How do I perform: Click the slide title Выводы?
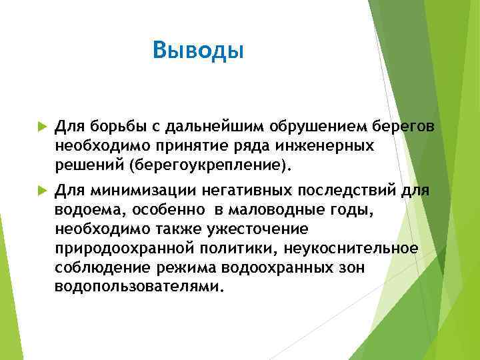pyautogui.click(x=199, y=49)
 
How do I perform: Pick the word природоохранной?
pyautogui.click(x=123, y=249)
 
